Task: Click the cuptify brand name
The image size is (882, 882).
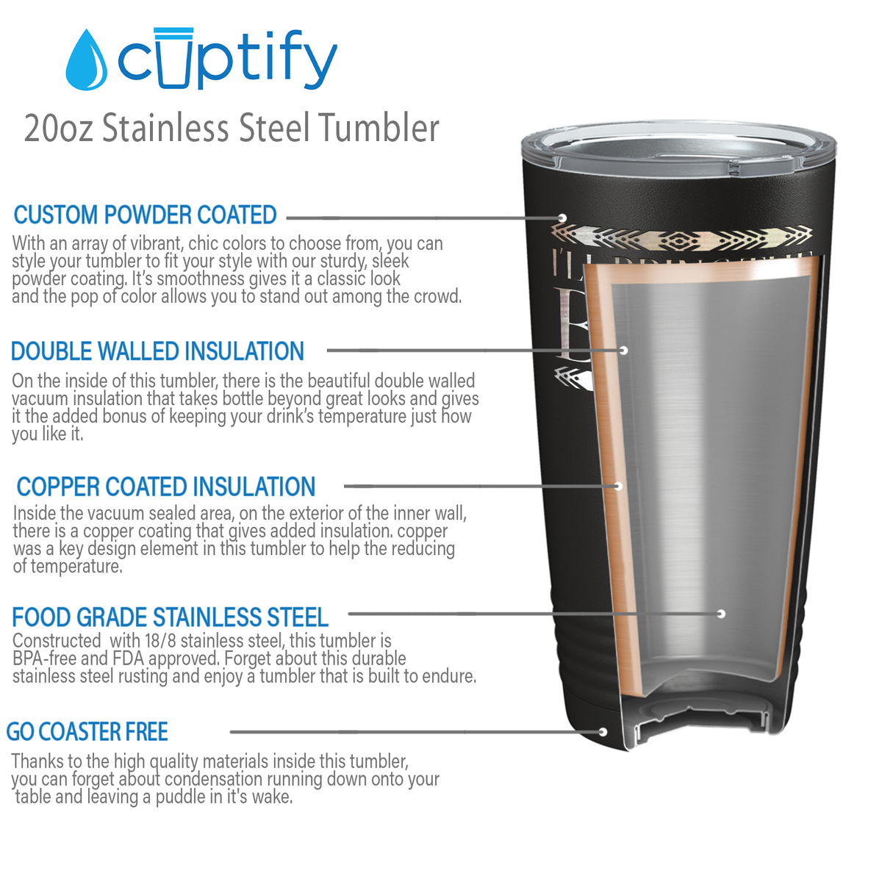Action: pos(228,59)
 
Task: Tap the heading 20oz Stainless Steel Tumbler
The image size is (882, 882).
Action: pos(232,128)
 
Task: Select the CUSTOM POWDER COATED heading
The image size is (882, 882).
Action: pos(145,215)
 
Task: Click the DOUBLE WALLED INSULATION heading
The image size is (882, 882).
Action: pos(157,351)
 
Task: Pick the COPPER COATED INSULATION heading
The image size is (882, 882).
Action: pos(166,487)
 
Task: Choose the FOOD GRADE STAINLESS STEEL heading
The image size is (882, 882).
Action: pos(170,617)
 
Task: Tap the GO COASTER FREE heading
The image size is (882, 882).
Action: pos(87,732)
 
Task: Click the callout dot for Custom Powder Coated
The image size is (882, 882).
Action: pos(562,218)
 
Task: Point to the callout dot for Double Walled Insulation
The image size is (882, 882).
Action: pos(623,350)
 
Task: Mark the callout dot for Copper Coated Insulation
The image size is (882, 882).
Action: pos(619,486)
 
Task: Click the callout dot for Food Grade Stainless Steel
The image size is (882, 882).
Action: pos(721,614)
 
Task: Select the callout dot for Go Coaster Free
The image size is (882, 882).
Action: pos(603,732)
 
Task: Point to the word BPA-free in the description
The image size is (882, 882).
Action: pos(44,658)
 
